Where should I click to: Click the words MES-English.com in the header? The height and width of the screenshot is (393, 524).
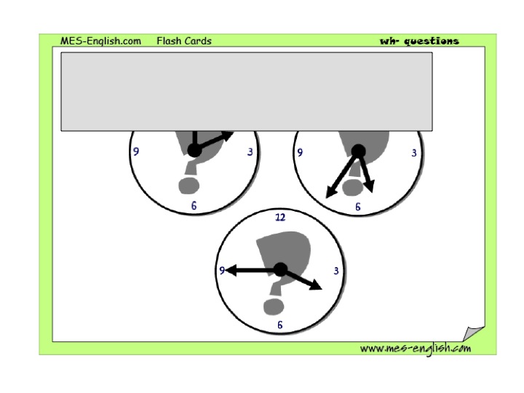tap(100, 41)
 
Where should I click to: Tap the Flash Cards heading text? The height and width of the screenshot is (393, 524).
tap(184, 41)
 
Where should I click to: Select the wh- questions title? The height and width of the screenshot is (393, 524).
tap(419, 41)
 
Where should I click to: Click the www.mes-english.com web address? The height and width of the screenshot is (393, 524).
tap(416, 349)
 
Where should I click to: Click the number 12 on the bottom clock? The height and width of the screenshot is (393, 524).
tap(280, 218)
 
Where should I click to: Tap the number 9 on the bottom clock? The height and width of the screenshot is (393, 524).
tap(222, 270)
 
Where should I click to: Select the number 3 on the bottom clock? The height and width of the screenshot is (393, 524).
tap(336, 271)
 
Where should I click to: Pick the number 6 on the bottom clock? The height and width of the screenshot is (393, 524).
tap(280, 325)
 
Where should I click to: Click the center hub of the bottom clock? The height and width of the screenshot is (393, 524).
tap(280, 269)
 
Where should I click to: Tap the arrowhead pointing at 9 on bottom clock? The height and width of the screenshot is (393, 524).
tap(231, 270)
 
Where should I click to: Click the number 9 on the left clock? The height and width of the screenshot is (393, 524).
tap(136, 151)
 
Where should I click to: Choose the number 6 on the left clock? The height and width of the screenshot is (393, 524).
tap(194, 205)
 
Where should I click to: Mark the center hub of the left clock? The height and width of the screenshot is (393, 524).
tap(194, 150)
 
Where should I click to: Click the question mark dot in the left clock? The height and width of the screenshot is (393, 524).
tap(188, 186)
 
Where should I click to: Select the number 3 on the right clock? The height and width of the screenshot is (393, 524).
tap(414, 153)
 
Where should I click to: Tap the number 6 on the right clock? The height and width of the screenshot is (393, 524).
tap(358, 207)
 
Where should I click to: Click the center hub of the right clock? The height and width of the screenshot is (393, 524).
tap(358, 151)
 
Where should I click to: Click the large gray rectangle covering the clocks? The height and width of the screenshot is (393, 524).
tap(247, 92)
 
